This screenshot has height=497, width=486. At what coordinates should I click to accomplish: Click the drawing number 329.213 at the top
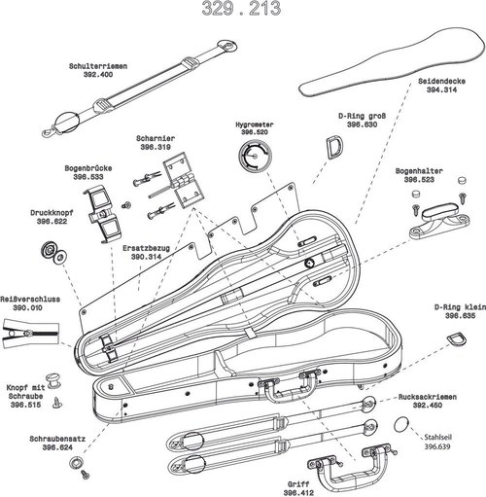click(241, 11)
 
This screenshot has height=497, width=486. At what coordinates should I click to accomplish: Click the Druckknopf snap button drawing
click(51, 252)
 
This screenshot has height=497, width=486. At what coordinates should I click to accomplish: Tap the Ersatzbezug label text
click(147, 248)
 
